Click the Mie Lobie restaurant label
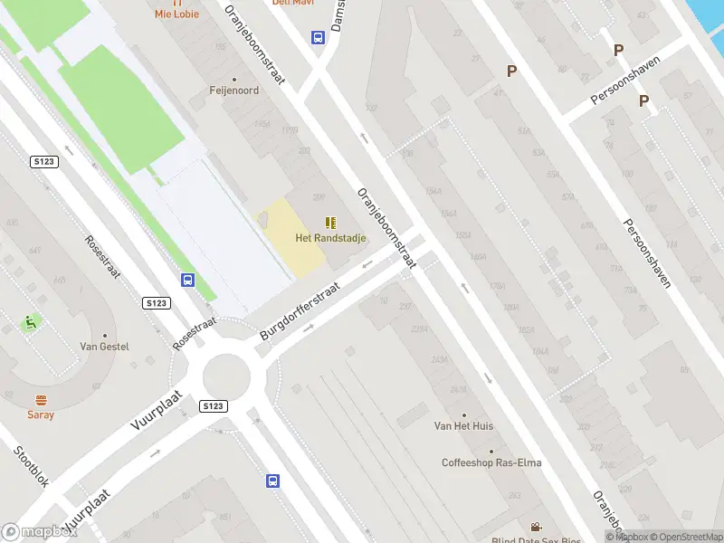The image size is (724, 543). click(x=176, y=14)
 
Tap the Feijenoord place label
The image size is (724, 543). click(x=233, y=90)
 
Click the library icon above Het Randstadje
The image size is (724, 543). click(x=330, y=223)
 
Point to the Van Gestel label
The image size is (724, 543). click(x=104, y=347)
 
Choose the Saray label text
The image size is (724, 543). click(x=41, y=414)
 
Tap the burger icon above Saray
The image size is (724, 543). click(x=41, y=400)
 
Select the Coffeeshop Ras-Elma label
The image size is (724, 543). click(x=491, y=462)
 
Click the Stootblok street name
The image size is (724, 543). click(x=32, y=467)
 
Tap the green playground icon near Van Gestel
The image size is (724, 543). click(x=30, y=321)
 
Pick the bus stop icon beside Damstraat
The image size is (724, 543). click(x=319, y=37)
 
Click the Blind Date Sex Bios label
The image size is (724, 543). click(x=537, y=539)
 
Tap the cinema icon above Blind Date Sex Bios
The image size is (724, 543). click(x=536, y=527)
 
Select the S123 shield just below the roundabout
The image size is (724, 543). click(x=214, y=406)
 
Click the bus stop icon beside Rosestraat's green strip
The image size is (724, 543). click(x=187, y=281)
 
